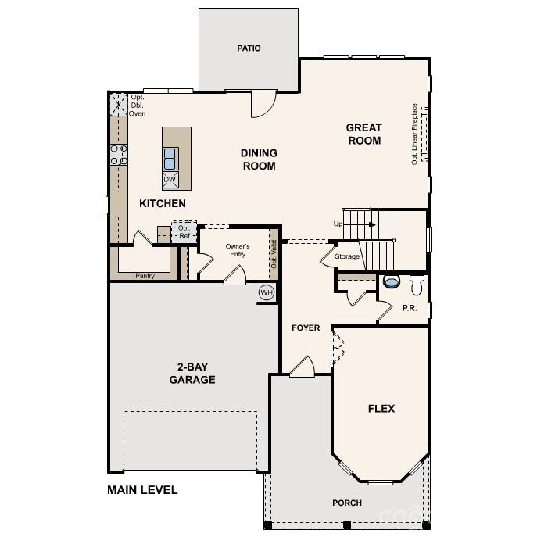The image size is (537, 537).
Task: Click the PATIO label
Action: tap(249, 48)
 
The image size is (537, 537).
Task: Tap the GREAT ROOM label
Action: tap(364, 134)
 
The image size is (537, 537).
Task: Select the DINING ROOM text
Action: tap(259, 159)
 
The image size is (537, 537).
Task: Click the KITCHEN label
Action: tap(163, 203)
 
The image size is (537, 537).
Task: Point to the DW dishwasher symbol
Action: tap(170, 180)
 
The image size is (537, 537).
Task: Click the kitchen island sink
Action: tap(170, 159)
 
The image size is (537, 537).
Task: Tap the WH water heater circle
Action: tap(267, 292)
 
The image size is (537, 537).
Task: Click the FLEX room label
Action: tap(381, 408)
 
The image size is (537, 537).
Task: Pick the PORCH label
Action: tap(347, 503)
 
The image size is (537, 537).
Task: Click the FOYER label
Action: tap(306, 328)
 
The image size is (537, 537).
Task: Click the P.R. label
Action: tap(410, 308)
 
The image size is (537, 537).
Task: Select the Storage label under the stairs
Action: tap(348, 256)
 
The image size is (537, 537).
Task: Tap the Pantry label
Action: tap(145, 276)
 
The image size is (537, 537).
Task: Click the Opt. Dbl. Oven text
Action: tap(138, 106)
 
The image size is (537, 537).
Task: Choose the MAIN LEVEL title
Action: tap(141, 490)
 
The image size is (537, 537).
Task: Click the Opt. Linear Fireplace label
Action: tap(415, 134)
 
